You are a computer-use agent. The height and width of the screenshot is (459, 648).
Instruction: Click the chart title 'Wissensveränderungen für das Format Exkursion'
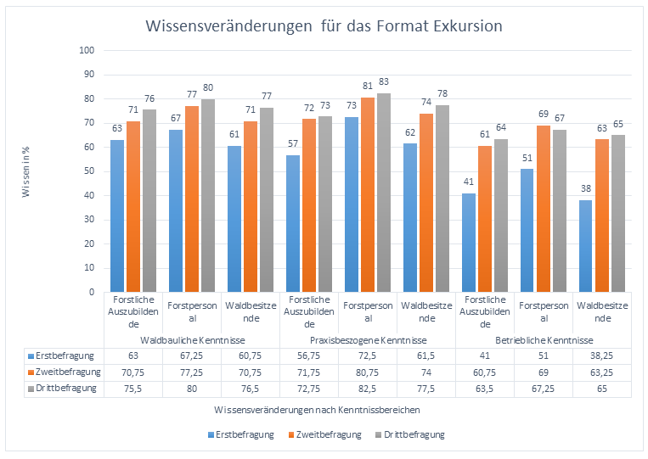click(x=324, y=26)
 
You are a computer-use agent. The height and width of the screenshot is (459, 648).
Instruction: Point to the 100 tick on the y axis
click(x=86, y=50)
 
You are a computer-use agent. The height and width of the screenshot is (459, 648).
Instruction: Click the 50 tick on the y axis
click(x=88, y=171)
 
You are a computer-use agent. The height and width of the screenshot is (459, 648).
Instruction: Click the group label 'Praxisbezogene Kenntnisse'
click(x=368, y=339)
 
